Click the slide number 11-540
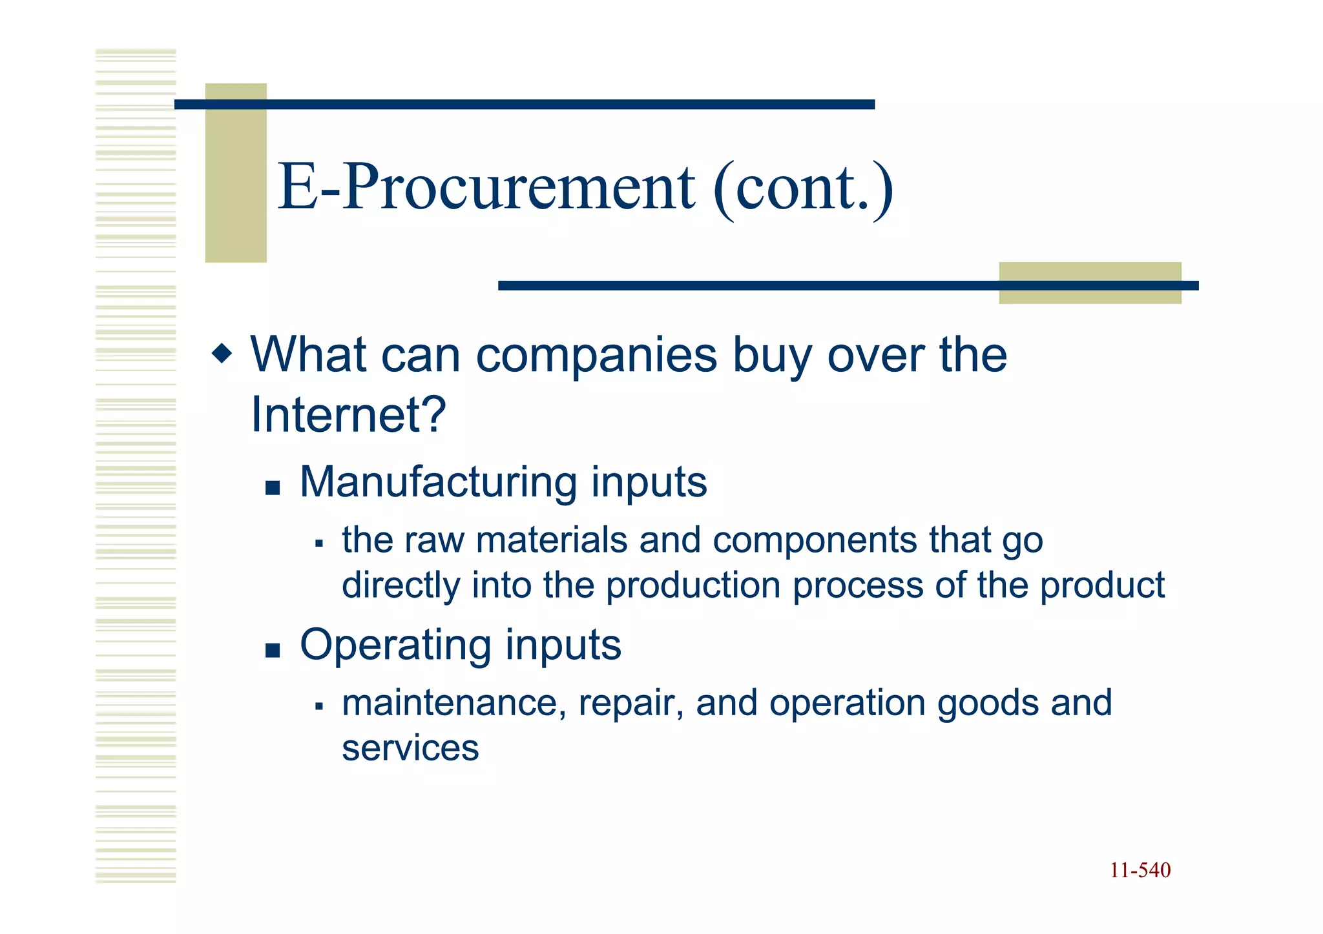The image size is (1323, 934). tap(1140, 870)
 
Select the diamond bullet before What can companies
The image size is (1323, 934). tap(222, 353)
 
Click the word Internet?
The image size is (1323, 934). tap(348, 414)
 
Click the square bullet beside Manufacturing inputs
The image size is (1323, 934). tap(273, 487)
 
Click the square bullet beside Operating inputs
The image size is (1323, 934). tap(273, 650)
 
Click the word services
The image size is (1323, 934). tap(410, 748)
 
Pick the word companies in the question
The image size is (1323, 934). tap(596, 355)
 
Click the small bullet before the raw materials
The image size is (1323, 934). tap(318, 543)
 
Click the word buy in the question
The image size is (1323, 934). tap(772, 355)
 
